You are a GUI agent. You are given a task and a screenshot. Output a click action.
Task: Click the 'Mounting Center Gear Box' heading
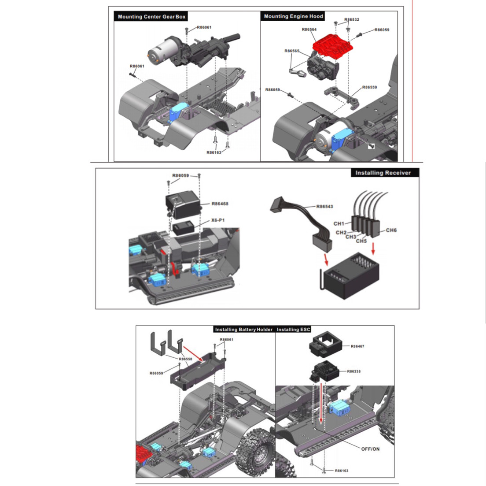(x=151, y=17)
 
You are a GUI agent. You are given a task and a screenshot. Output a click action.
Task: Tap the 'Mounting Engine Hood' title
(x=293, y=16)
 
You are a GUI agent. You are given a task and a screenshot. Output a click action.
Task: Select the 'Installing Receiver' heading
(x=383, y=173)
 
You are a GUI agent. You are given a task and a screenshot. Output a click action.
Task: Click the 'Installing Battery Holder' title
(x=243, y=330)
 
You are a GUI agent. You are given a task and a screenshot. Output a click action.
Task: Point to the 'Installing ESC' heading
(x=293, y=330)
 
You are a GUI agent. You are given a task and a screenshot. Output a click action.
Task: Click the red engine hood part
(x=332, y=46)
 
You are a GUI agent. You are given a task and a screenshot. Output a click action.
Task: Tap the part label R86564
(x=309, y=30)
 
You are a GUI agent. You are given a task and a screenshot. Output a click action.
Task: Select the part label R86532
(x=352, y=19)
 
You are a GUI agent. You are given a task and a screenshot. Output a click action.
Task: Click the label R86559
(x=369, y=87)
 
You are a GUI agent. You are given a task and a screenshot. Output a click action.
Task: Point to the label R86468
(x=220, y=204)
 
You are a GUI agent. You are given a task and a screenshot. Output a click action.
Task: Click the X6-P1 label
(x=218, y=220)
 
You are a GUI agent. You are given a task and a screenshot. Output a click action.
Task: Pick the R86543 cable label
(x=324, y=206)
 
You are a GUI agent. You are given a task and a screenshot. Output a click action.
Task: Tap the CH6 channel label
(x=391, y=230)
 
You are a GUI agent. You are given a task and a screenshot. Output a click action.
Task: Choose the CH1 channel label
(x=339, y=223)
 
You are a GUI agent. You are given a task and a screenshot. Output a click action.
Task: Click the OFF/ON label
(x=370, y=449)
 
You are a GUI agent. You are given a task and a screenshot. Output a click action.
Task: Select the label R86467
(x=357, y=346)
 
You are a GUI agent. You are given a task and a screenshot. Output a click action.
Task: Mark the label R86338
(x=353, y=371)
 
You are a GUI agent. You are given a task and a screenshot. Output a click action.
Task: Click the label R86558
(x=185, y=359)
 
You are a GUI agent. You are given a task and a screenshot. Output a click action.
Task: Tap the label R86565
(x=292, y=51)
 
